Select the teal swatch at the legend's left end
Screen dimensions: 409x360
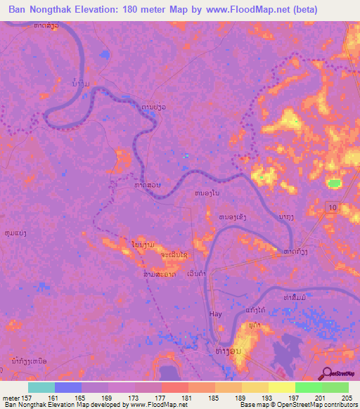click(41, 387)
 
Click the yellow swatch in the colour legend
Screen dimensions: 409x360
click(281, 387)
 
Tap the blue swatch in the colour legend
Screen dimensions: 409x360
click(67, 387)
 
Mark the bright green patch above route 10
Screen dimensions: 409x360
click(334, 183)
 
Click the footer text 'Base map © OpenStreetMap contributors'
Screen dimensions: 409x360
click(297, 405)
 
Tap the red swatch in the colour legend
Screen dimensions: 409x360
click(174, 387)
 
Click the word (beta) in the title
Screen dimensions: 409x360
click(302, 10)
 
